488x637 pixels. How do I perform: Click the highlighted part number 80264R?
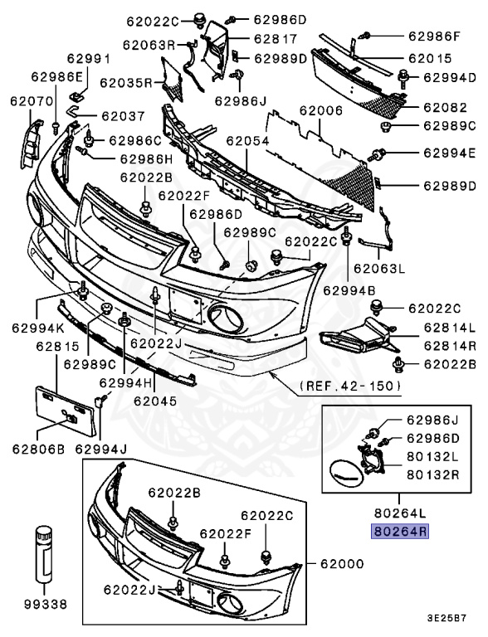click(401, 532)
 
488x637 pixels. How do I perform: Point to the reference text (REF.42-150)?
click(349, 386)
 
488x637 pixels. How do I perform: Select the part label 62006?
click(321, 110)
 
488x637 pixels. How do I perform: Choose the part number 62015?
click(430, 59)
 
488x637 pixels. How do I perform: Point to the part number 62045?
click(154, 401)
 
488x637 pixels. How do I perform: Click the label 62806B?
click(37, 450)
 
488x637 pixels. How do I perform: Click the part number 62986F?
click(433, 36)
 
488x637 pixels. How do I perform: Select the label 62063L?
click(378, 268)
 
